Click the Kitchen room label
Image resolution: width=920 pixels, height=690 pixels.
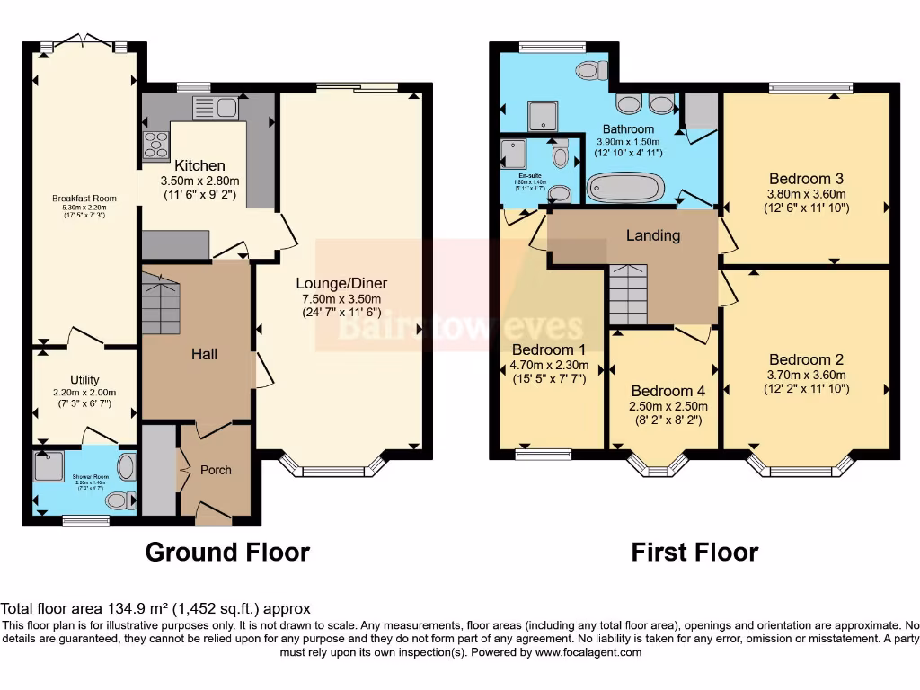pyautogui.click(x=199, y=165)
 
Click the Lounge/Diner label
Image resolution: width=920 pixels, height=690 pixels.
pyautogui.click(x=342, y=283)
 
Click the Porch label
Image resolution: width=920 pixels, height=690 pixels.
pyautogui.click(x=216, y=470)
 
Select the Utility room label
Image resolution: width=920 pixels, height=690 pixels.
pyautogui.click(x=84, y=380)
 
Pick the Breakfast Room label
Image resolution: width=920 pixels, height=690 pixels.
pyautogui.click(x=84, y=198)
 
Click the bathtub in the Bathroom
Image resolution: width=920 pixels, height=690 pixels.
pyautogui.click(x=625, y=189)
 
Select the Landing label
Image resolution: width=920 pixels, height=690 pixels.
pyautogui.click(x=653, y=235)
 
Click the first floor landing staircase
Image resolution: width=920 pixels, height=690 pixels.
pyautogui.click(x=628, y=295)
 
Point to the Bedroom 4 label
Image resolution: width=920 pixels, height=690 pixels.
pyautogui.click(x=668, y=391)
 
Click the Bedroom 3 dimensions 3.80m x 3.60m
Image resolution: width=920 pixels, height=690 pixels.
pyautogui.click(x=806, y=193)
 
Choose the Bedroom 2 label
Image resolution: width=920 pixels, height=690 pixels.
pyautogui.click(x=806, y=359)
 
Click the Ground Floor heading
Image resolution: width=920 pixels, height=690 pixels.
pyautogui.click(x=227, y=552)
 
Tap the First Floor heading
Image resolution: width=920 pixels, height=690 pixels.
pyautogui.click(x=694, y=552)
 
